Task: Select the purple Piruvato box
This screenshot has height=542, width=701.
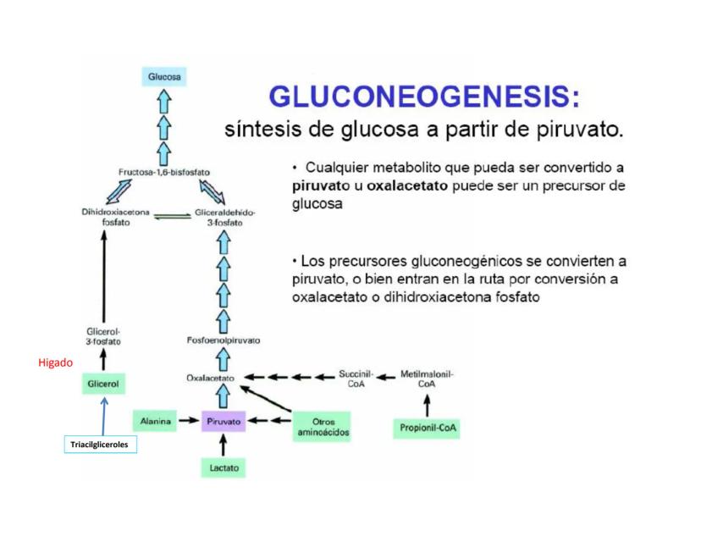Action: pos(224,420)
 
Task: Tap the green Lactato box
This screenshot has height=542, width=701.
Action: pos(224,467)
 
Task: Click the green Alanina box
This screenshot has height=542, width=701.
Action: pos(156,420)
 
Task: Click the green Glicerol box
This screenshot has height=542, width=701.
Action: pos(104,384)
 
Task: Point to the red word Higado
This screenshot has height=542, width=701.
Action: pos(55,362)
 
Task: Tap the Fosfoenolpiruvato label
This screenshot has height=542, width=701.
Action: pos(224,340)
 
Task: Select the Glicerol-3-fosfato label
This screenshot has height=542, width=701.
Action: pos(104,336)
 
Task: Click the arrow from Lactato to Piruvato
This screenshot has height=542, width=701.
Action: pos(224,444)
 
